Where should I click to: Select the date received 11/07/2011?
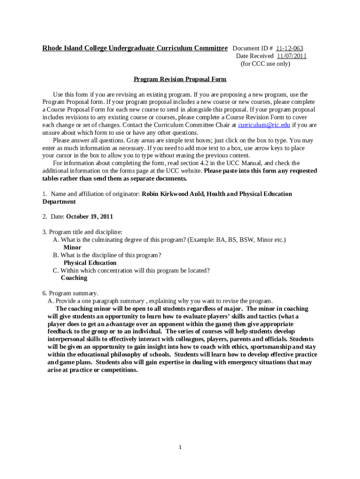click(291, 56)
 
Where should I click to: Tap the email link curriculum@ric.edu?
click(264, 125)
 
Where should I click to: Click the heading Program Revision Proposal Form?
click(180, 79)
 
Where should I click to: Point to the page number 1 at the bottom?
click(180, 448)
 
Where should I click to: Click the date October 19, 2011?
click(90, 217)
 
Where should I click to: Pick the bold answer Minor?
click(72, 247)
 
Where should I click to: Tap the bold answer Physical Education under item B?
click(90, 263)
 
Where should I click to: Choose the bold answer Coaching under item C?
click(74, 278)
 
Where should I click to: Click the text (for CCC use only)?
click(265, 64)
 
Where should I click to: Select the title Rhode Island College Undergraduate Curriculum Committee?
click(135, 49)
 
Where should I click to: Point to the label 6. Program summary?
click(70, 293)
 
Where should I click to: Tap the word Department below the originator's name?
click(59, 202)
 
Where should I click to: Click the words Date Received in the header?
click(255, 56)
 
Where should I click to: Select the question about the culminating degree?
click(173, 239)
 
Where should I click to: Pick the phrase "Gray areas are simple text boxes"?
click(166, 140)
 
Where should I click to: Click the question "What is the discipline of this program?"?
click(111, 255)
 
